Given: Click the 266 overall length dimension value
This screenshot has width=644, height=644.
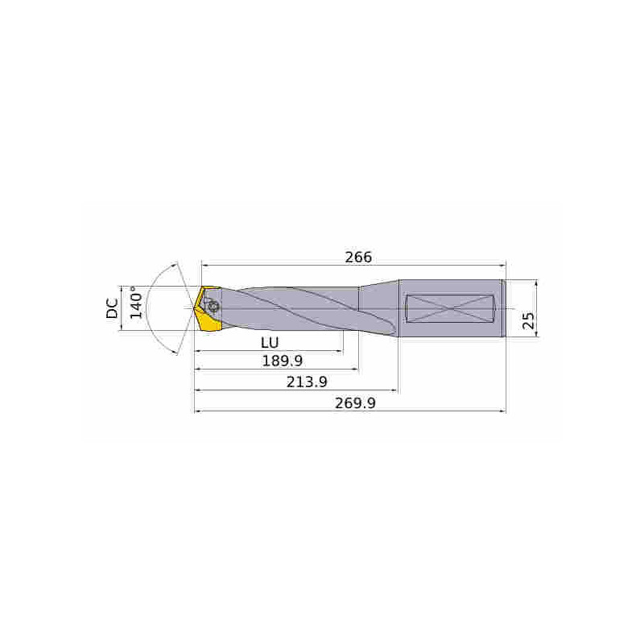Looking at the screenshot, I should [x=358, y=257].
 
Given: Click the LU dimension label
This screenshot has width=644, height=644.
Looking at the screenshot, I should [x=269, y=341].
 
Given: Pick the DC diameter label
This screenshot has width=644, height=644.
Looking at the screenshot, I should [x=113, y=308].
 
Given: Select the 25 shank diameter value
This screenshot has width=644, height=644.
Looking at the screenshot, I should [x=528, y=321].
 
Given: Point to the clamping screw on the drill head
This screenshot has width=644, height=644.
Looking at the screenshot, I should [x=213, y=307].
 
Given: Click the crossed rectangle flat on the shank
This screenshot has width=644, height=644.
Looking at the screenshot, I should [x=450, y=308].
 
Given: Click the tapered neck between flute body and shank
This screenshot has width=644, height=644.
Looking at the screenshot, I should [x=378, y=308].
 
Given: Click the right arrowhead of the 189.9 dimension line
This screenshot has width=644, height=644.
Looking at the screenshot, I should [x=355, y=370].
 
